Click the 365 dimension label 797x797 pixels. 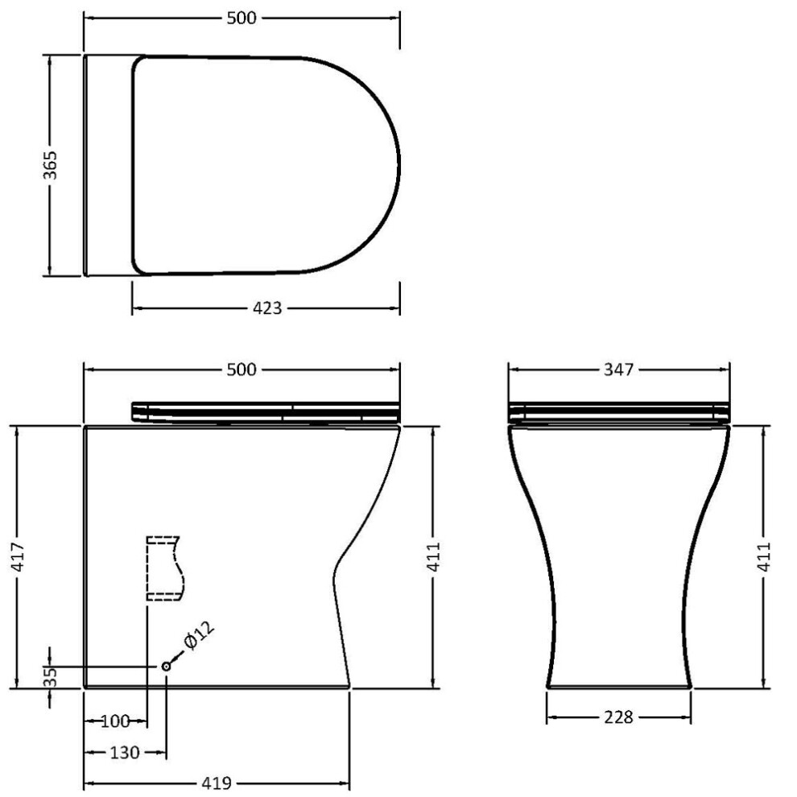50,165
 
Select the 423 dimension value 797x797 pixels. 266,308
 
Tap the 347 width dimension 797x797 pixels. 618,370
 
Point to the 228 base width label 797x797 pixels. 618,717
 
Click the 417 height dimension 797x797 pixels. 18,557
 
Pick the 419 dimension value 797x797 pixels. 217,783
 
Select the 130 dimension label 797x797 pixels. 125,752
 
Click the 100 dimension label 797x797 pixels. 115,721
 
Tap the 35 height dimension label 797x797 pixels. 50,677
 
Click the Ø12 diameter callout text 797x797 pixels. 200,635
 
